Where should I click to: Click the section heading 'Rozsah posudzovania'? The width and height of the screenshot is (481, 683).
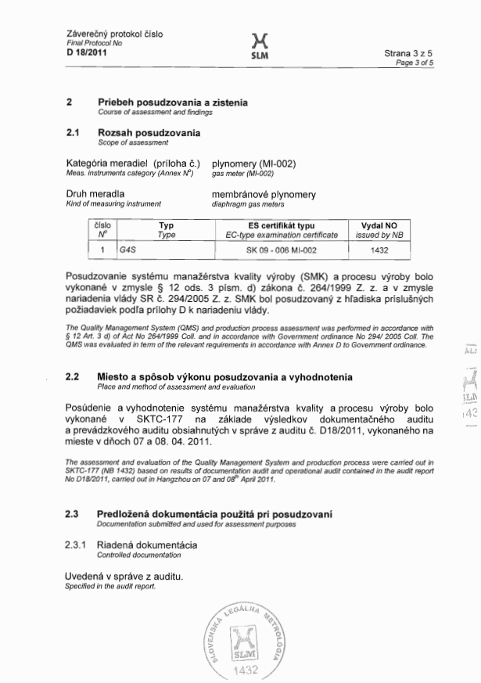point(149,133)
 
